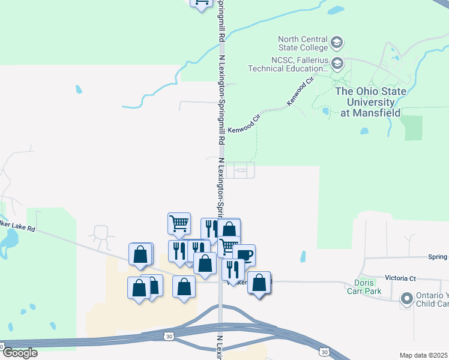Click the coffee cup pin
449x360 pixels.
coord(244,255)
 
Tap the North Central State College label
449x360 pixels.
coord(303,43)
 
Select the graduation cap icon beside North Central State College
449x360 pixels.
coord(337,43)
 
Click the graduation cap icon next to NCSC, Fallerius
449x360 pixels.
coord(337,63)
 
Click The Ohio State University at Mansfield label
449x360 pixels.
coord(370,102)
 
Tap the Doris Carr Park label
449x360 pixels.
coord(364,287)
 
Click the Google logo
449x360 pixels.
coord(20,353)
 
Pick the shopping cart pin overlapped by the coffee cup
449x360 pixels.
coord(229,245)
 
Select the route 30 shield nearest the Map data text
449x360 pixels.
coord(324,351)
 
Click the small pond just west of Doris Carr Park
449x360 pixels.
coord(302,256)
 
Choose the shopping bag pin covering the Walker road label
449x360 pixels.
coord(259,283)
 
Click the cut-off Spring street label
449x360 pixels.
coord(438,257)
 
